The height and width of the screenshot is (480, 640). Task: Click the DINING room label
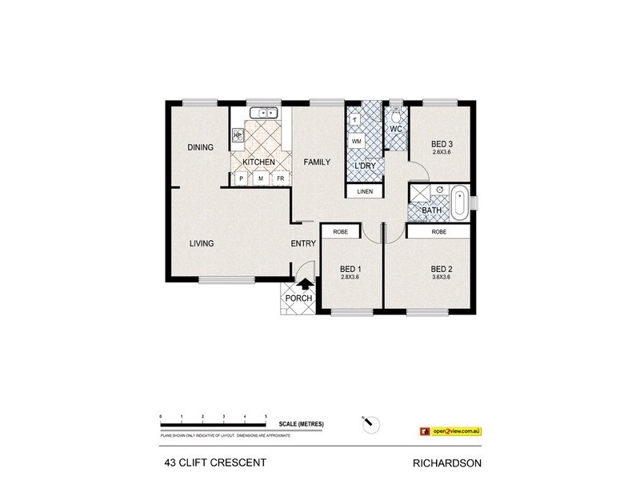coord(200,147)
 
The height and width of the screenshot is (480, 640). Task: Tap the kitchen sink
coord(262,113)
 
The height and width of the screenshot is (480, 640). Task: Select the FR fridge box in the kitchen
coord(281,178)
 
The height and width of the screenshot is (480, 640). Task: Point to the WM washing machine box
coord(357,141)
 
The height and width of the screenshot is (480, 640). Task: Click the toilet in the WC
coord(396,113)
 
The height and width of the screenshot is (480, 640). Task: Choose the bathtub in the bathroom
coord(459,202)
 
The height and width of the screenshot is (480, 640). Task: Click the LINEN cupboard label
coord(365,192)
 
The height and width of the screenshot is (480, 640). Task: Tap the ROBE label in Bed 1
coord(339,232)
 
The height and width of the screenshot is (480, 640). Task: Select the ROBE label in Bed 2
coord(438,232)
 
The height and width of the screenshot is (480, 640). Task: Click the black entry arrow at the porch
coord(304,283)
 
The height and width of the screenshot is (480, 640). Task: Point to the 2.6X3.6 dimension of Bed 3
coord(442,152)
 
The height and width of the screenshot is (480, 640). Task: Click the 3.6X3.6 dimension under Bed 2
coord(442,278)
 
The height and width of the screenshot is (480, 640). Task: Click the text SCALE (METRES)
coord(302,424)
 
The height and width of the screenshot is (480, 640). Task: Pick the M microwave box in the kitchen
coord(260,178)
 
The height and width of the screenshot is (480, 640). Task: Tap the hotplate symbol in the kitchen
coord(238,134)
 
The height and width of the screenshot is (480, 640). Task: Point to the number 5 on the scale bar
coord(266,417)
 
